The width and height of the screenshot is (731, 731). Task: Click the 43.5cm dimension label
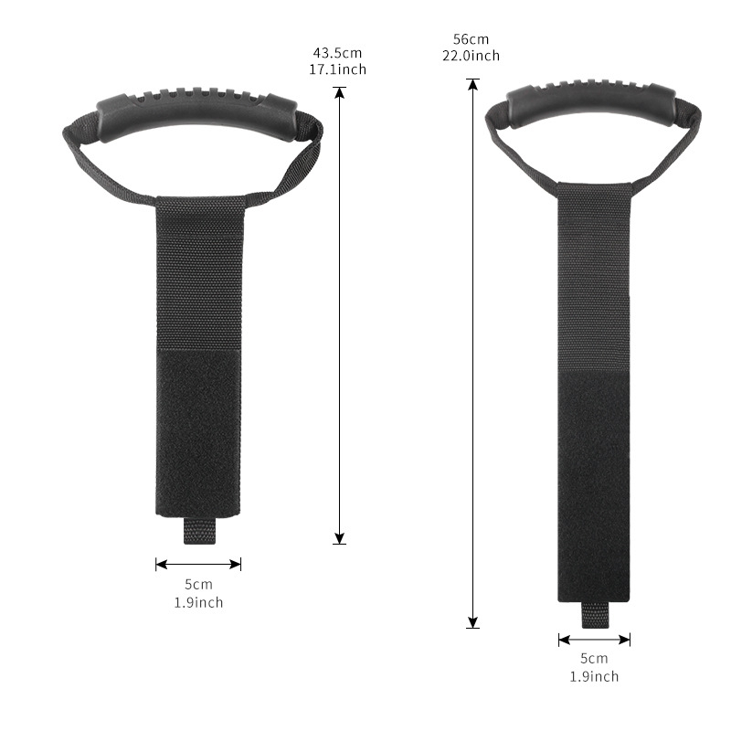pyautogui.click(x=337, y=53)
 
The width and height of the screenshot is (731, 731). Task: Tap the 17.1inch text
pyautogui.click(x=337, y=69)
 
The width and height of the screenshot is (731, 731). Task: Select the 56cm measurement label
pyautogui.click(x=471, y=39)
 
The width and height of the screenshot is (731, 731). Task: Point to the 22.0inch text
pyautogui.click(x=471, y=56)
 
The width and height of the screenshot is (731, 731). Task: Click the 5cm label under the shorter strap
pyautogui.click(x=198, y=584)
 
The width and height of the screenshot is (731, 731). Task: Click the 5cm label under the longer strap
pyautogui.click(x=594, y=658)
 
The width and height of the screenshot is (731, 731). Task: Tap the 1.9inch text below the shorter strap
pyautogui.click(x=198, y=602)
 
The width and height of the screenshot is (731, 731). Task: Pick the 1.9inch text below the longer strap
pyautogui.click(x=594, y=676)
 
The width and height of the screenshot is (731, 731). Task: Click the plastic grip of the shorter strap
pyautogui.click(x=196, y=111)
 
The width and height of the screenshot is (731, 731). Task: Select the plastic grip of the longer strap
pyautogui.click(x=590, y=103)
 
